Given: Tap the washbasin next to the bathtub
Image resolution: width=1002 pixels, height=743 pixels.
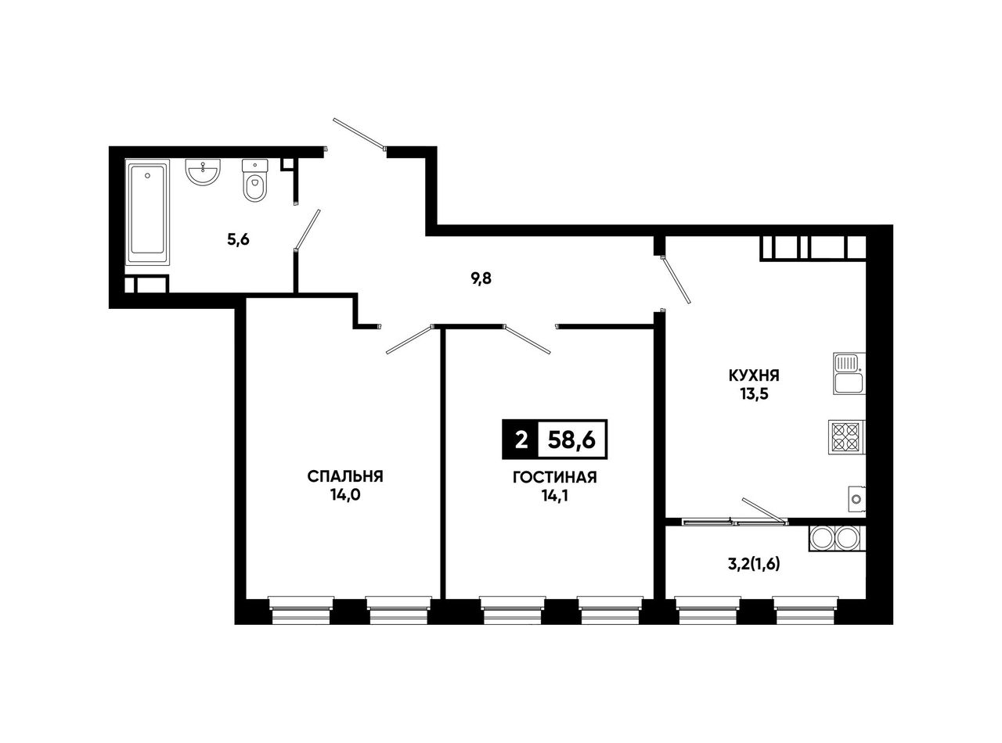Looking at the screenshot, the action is pos(203,172).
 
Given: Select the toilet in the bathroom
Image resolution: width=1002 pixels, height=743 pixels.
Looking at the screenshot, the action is pos(255,180).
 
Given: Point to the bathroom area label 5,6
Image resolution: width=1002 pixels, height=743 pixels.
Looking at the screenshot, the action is pos(239,239).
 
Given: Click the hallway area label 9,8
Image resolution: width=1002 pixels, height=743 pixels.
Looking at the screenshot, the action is pos(481,279).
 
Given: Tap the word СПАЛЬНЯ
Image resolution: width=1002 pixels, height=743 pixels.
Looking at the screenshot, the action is pos(345,476).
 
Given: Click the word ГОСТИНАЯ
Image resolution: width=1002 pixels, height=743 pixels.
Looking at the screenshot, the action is pos(555,477).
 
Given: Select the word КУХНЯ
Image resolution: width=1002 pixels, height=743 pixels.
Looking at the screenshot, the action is pos(754,375).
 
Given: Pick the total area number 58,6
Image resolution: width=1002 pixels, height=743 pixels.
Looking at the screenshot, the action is pos(572,440).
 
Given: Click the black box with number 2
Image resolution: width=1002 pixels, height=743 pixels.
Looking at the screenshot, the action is pos(521,440).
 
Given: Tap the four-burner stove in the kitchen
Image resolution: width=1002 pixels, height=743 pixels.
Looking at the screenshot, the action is pos(846,437).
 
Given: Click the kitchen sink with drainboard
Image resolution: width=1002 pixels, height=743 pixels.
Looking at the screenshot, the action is pos(849,374).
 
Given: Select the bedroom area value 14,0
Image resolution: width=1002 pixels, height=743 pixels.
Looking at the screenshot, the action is pos(345,495).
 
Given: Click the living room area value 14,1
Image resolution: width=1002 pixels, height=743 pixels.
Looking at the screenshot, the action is pos(555,496).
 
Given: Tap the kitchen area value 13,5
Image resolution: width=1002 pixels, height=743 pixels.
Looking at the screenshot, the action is pos(754,394).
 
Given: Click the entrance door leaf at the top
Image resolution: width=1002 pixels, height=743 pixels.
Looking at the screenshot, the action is pos(359,133).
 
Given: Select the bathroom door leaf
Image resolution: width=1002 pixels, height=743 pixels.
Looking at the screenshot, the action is pos(307,229).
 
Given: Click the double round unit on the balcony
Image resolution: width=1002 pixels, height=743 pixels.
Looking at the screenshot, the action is pos(837,538).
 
